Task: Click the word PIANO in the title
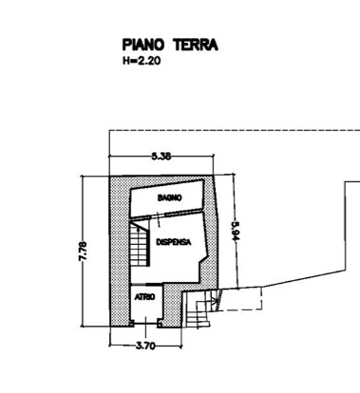pos(143,45)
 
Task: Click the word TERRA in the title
pos(196,45)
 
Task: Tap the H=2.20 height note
pos(142,61)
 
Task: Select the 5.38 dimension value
pos(161,156)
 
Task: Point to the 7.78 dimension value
pos(83,252)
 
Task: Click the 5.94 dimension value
pos(235,232)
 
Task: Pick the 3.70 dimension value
pos(145,346)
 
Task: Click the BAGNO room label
pos(170,197)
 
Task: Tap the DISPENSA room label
pos(174,242)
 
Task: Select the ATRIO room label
pos(144,297)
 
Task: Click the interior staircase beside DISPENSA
pos(140,243)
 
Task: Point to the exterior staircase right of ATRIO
pos(197,309)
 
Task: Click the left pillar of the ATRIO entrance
pos(131,324)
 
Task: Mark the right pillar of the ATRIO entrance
pos(160,324)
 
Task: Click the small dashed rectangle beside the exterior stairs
pos(239,298)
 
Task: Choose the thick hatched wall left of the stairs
pos(120,252)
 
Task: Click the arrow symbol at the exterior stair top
pos(217,300)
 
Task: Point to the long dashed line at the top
pos(235,130)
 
